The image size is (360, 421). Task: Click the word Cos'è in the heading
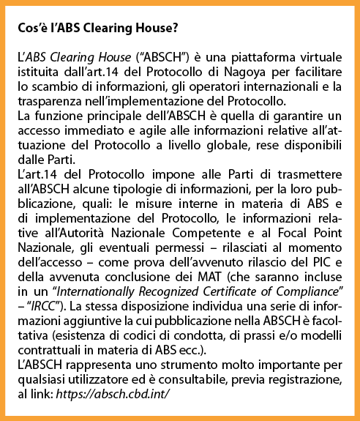pyautogui.click(x=31, y=30)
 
